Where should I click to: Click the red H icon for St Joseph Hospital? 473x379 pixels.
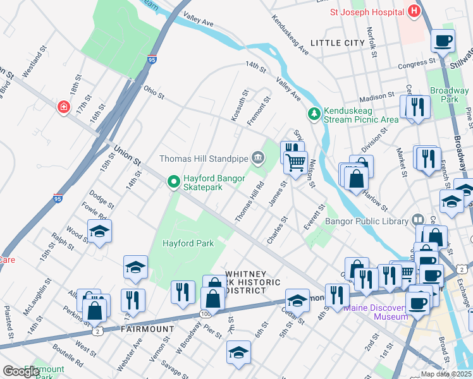point(414,11)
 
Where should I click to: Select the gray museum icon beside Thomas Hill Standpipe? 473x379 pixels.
point(257,157)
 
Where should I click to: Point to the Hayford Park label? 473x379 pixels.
point(188,243)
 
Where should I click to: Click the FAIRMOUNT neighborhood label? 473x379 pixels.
point(147,329)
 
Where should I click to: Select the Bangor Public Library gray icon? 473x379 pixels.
point(417,219)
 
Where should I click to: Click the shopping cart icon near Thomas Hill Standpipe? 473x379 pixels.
point(295,164)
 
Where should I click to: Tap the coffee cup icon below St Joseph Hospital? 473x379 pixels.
point(443,42)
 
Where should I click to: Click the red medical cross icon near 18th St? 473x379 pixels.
point(63,107)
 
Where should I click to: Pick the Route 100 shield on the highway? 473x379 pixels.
point(204,313)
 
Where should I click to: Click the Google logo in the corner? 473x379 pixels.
point(20,371)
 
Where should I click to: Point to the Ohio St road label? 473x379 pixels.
point(154,93)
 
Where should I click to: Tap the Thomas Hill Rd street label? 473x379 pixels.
point(249,202)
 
